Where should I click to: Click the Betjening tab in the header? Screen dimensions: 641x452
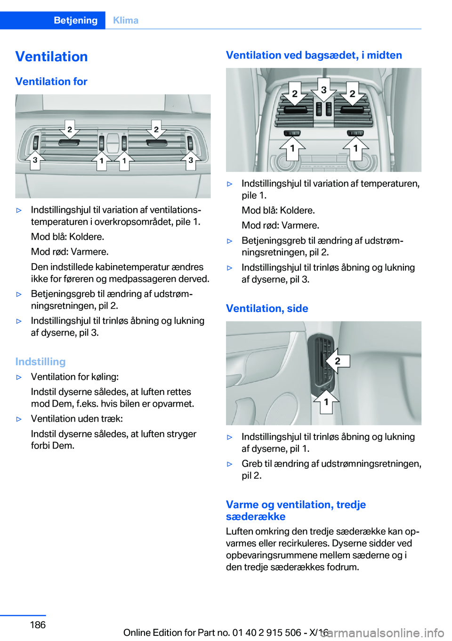tap(75, 20)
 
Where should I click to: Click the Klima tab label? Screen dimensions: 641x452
tap(126, 20)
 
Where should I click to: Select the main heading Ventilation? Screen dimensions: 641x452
tap(51, 56)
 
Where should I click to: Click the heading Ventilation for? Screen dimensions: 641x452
tap(51, 81)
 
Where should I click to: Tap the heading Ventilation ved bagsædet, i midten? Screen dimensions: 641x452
tap(314, 55)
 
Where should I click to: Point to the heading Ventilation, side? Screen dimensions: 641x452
tap(267, 308)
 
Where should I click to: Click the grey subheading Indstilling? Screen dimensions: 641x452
tap(40, 361)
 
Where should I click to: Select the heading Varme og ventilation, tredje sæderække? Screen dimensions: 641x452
tap(296, 510)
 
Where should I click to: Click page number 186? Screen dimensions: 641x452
tap(38, 625)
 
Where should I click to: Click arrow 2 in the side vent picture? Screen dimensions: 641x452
tap(336, 361)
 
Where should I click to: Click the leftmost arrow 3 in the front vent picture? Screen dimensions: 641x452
tap(35, 160)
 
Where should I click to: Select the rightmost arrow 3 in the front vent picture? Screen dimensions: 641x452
tap(191, 160)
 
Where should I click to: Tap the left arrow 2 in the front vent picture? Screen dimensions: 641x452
tap(70, 129)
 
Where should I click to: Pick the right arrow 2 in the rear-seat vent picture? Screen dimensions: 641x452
tap(352, 94)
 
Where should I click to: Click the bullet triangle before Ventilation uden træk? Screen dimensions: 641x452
tap(19, 419)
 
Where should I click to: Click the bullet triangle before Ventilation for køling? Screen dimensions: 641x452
tap(19, 377)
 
